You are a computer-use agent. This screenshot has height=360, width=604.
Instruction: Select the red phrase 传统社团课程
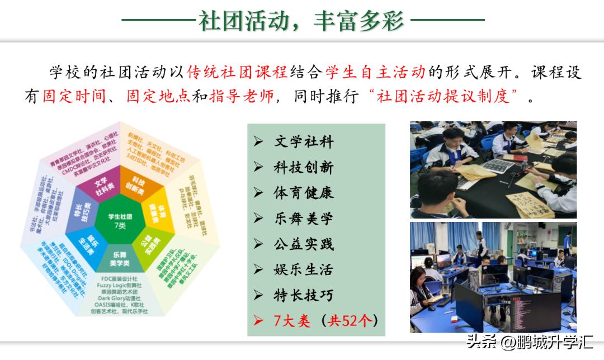[x=237, y=72]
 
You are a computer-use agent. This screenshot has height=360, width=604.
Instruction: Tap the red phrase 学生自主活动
[x=375, y=72]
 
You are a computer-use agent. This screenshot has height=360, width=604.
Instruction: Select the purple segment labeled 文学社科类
[x=101, y=186]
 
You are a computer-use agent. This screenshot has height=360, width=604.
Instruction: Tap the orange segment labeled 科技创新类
[x=138, y=186]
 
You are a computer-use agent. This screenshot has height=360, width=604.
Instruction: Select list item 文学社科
[x=304, y=142]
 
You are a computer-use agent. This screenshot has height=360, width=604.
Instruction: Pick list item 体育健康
[x=304, y=193]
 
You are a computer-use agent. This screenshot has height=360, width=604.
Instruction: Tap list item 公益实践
[x=304, y=244]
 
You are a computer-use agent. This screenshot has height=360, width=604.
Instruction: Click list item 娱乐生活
[x=304, y=269]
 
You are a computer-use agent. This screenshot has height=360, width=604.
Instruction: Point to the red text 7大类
[x=291, y=321]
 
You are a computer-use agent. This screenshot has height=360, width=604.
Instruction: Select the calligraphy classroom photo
[x=493, y=169]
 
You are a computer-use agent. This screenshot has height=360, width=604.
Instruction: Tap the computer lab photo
[x=493, y=277]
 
